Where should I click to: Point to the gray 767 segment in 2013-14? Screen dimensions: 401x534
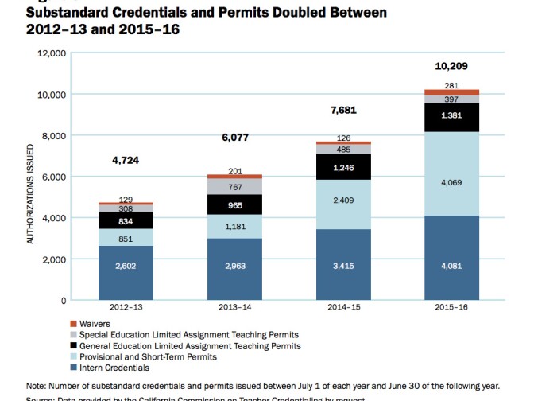236,186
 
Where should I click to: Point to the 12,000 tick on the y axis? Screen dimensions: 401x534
52,53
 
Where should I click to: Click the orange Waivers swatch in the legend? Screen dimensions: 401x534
73,325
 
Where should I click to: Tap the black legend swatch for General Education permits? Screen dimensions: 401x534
73,346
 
